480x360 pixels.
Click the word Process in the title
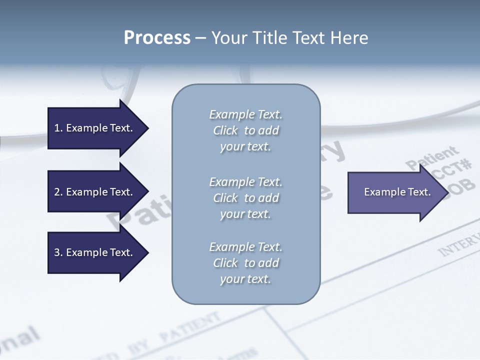click(157, 38)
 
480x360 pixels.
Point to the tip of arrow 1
click(147, 128)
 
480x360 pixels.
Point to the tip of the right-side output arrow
click(447, 192)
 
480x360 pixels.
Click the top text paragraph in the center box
click(245, 130)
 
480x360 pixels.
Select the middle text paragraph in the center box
click(245, 198)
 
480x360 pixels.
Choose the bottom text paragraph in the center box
click(245, 263)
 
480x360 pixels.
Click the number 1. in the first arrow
click(58, 128)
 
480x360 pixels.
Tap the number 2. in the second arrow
click(58, 192)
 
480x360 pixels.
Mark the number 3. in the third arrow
click(58, 252)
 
